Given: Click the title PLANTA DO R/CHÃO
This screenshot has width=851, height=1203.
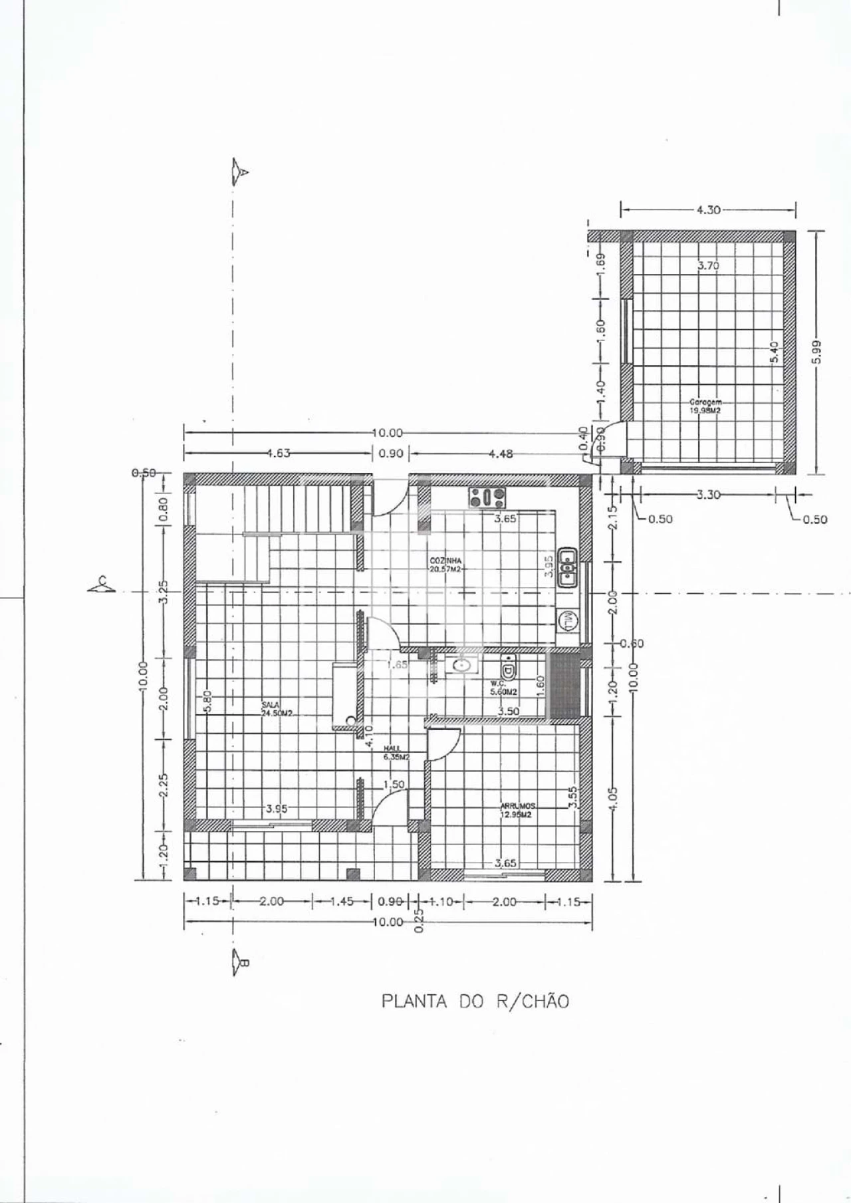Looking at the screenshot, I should (475, 1002).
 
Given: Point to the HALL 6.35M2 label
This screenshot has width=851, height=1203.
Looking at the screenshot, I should (396, 753).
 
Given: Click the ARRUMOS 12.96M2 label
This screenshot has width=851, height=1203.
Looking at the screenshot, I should (518, 810).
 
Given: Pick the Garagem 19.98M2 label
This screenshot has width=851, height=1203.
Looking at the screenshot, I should (705, 406).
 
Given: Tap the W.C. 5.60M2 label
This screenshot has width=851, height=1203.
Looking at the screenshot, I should (503, 688).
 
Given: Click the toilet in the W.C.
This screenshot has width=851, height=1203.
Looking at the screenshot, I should (508, 665).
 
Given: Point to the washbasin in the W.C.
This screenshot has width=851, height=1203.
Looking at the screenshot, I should (461, 664).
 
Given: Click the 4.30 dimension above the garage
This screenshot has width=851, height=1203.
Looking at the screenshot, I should (708, 210).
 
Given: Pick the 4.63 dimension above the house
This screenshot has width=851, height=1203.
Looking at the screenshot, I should (277, 454).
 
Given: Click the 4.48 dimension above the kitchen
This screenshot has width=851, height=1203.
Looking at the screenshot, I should (500, 454).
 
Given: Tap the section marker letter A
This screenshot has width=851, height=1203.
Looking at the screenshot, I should (243, 172).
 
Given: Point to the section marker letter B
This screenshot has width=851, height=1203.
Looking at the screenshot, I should (243, 962).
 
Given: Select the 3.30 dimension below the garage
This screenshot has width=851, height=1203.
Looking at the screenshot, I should (708, 494).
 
